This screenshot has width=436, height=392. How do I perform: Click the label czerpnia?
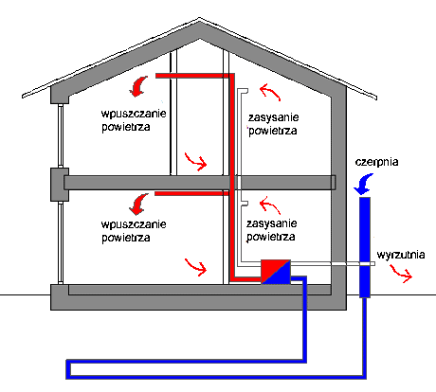coord(376,162)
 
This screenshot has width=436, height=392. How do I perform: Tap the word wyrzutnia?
coord(401,255)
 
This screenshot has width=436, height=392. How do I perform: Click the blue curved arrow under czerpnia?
coord(364,185)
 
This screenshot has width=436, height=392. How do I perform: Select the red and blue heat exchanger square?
coord(276,272)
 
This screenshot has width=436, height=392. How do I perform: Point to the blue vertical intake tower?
coord(365,247)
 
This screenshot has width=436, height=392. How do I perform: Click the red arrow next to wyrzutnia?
coord(401,274)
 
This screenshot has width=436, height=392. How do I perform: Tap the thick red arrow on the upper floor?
coord(137,86)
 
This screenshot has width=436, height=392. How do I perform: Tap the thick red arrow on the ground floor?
coord(138,204)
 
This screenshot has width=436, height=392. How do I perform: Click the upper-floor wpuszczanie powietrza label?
coord(134,120)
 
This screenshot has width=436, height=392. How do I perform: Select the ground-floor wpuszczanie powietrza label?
coord(134,231)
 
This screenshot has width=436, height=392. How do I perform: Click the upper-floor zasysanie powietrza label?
coord(273,124)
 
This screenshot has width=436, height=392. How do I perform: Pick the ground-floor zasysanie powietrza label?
coord(271,230)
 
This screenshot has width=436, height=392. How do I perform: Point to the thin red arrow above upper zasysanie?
coord(269,91)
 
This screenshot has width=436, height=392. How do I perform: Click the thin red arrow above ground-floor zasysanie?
coord(269,205)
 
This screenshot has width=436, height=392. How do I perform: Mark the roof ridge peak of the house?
coord(199,18)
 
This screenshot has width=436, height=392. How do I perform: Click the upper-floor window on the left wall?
coord(61,135)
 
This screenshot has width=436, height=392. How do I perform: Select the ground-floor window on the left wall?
coord(61,242)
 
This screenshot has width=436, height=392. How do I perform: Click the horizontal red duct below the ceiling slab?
coord(191,193)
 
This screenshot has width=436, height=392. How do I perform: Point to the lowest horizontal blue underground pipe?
coord(216,377)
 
